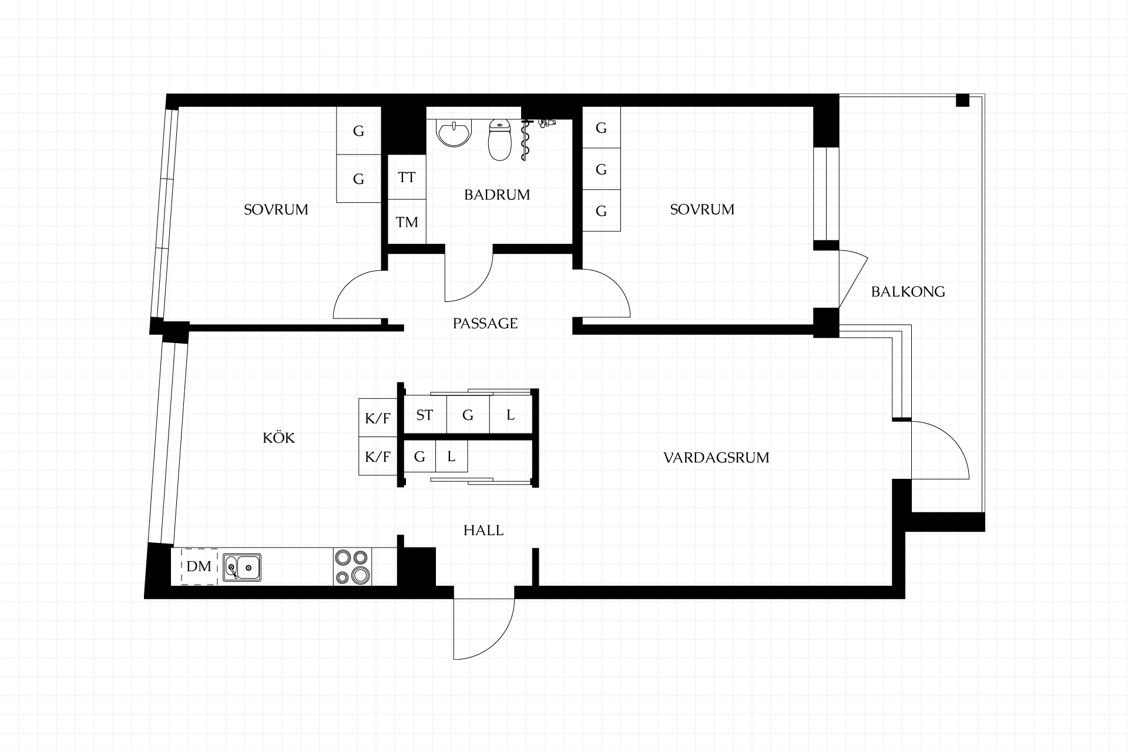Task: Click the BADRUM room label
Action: [497, 194]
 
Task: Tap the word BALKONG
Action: [908, 291]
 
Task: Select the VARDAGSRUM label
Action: [716, 458]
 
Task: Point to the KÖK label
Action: [278, 437]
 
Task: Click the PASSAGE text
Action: [485, 323]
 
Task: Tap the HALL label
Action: [484, 531]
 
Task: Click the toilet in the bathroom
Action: [500, 140]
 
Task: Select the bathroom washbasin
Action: [454, 132]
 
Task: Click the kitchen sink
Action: [241, 568]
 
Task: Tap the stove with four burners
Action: [352, 567]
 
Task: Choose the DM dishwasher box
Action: [199, 566]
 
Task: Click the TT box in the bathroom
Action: [407, 177]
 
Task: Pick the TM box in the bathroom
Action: [407, 222]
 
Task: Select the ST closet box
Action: [425, 415]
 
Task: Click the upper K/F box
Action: [378, 418]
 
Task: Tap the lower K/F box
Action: [378, 456]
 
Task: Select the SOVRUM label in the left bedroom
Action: [276, 210]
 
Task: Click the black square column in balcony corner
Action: [962, 100]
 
